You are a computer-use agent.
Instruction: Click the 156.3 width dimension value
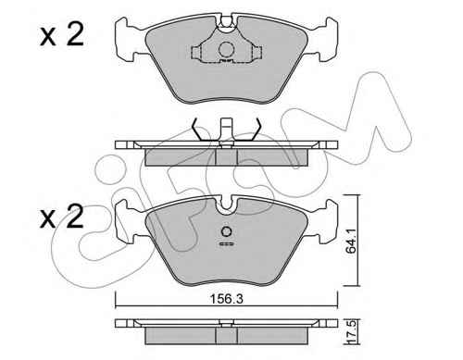pyautogui.click(x=226, y=299)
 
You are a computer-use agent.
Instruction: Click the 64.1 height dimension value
pyautogui.click(x=351, y=241)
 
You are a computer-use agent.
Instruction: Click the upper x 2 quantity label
pyautogui.click(x=62, y=35)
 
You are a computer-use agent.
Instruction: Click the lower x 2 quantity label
pyautogui.click(x=62, y=217)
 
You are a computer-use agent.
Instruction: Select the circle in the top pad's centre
pyautogui.click(x=226, y=49)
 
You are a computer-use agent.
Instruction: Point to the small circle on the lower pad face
pyautogui.click(x=227, y=231)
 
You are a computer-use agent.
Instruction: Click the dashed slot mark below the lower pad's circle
pyautogui.click(x=227, y=244)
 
